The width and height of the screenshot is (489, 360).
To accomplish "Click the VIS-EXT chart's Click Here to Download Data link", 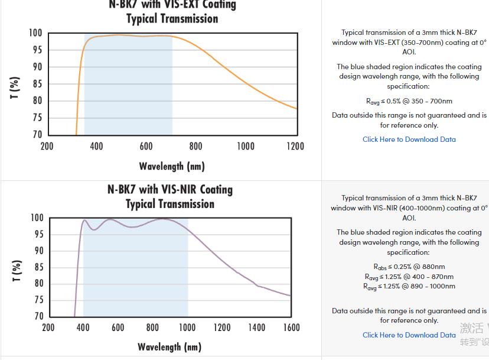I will (409, 140).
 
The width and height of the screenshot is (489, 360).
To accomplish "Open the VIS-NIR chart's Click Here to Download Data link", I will (409, 335).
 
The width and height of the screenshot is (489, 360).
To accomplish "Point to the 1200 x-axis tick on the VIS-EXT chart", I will (295, 146).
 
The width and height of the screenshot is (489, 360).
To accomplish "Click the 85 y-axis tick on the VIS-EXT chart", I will (37, 84).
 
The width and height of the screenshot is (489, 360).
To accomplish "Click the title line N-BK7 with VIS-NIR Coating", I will (170, 190).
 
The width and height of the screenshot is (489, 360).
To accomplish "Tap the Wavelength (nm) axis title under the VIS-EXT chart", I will (172, 166).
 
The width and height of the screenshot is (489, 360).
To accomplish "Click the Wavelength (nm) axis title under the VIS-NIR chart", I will (169, 347).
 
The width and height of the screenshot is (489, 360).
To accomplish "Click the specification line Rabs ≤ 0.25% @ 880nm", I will (409, 267).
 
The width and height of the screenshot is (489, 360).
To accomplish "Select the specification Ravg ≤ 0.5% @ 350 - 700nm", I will (409, 101).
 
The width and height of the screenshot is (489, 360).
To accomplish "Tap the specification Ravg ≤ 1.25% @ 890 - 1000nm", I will (409, 287).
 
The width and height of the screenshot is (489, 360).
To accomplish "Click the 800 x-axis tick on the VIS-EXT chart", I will (195, 146).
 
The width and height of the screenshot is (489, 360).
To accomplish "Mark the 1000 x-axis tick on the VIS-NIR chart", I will (187, 327).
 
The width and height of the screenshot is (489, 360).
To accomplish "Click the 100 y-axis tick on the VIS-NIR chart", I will (37, 218).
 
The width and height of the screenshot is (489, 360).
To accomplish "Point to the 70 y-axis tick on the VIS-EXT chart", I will (37, 135).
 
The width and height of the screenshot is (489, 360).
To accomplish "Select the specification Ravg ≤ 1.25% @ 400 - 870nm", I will (409, 277).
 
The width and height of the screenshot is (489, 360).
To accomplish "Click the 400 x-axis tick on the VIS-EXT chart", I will (96, 146).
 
